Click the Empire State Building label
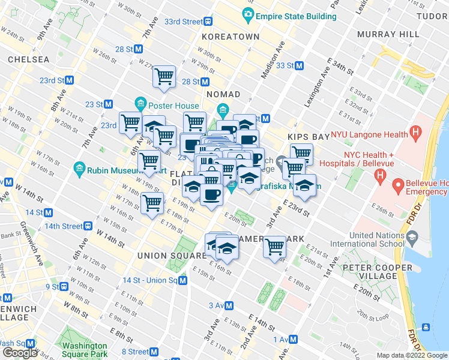pyautogui.click(x=295, y=15)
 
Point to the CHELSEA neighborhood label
pyautogui.click(x=28, y=59)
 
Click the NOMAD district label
pyautogui.click(x=223, y=94)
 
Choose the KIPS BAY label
pyautogui.click(x=309, y=137)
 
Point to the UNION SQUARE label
pyautogui.click(x=172, y=256)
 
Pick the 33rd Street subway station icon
pyautogui.click(x=208, y=22)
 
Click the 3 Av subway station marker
pyautogui.click(x=229, y=305)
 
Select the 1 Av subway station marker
pyautogui.click(x=295, y=340)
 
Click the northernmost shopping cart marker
pyautogui.click(x=164, y=76)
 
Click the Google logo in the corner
pyautogui.click(x=20, y=353)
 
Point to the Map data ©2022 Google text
pyautogui.click(x=412, y=356)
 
